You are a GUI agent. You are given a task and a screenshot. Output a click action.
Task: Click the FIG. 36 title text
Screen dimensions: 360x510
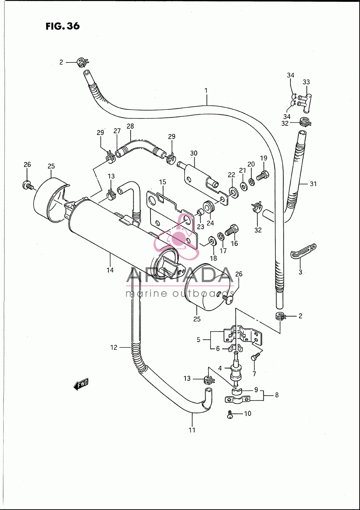click(63, 26)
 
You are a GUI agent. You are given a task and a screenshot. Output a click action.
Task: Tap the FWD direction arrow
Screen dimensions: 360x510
click(81, 384)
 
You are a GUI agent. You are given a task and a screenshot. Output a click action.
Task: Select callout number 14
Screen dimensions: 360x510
click(110, 270)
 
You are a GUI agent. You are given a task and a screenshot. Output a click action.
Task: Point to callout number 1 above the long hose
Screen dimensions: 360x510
click(206, 91)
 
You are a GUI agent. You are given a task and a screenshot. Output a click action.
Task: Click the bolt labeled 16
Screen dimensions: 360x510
click(231, 230)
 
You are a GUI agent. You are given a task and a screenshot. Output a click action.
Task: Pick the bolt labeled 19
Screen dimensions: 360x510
click(262, 176)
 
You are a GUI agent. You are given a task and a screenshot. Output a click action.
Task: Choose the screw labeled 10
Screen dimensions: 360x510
click(230, 414)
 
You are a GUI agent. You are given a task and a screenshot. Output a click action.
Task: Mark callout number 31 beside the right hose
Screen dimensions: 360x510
click(313, 184)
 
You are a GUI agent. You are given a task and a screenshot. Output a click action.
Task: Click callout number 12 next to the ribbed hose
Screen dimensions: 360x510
click(114, 347)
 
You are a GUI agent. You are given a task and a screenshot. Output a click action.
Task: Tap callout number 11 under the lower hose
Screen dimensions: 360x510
click(192, 430)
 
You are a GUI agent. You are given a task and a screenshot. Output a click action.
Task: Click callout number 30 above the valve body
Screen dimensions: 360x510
click(194, 153)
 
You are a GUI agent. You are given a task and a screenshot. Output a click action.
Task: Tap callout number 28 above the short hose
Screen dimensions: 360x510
click(130, 126)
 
